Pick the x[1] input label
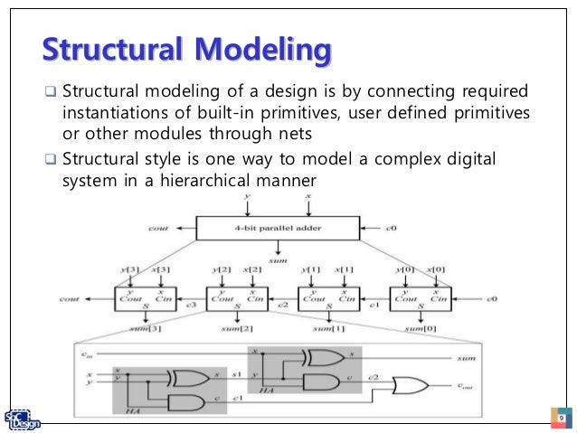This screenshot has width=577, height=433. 344,270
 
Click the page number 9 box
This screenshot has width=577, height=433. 561,419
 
